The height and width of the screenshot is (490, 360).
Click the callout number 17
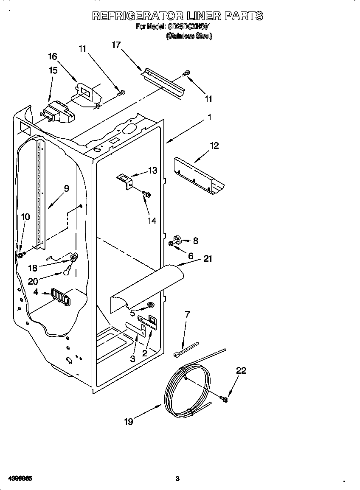click(x=116, y=45)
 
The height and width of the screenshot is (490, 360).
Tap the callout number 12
click(x=214, y=146)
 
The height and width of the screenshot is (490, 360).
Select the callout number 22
click(x=241, y=370)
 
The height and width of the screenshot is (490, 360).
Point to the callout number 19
click(x=129, y=422)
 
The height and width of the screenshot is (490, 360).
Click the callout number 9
click(x=67, y=189)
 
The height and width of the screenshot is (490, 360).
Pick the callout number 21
click(x=208, y=258)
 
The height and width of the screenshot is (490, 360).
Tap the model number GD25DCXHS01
click(x=189, y=27)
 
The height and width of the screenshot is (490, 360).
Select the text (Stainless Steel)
click(x=189, y=36)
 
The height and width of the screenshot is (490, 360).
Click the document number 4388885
click(x=17, y=479)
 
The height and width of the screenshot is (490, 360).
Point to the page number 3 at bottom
click(x=177, y=479)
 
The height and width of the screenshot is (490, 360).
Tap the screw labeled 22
click(x=224, y=398)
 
